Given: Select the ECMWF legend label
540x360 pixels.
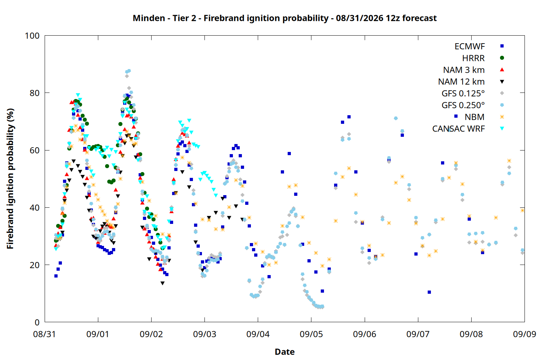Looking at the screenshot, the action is [469, 46].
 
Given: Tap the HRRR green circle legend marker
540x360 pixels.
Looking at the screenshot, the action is [502, 58].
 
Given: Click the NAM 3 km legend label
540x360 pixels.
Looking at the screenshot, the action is [464, 70].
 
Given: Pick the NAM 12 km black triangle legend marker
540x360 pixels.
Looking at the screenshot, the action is [502, 82].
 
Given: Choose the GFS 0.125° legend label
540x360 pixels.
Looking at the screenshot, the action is [463, 93].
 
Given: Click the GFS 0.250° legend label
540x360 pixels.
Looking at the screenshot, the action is [463, 105].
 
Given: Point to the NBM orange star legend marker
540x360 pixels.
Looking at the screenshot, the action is [502, 117].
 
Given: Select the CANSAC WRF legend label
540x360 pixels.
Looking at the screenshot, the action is [459, 129].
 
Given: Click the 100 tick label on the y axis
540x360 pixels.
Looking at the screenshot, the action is [32, 36].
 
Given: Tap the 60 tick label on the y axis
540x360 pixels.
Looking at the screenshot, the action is [35, 150].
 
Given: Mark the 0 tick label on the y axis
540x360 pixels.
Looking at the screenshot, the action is [37, 322].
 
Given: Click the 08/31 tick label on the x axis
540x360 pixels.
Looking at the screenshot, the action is [44, 334].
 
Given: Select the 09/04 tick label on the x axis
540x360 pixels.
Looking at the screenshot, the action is [258, 334].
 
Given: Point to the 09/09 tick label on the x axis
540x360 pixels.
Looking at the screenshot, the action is [525, 334].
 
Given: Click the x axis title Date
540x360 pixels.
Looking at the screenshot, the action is [285, 352].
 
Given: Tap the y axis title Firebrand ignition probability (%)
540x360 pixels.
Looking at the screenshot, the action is [10, 179].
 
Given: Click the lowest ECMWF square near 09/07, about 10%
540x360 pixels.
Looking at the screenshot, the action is [429, 292].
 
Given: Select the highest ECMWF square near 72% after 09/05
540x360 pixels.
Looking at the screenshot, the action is [349, 117].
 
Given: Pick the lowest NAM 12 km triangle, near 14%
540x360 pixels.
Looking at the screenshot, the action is [162, 283].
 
